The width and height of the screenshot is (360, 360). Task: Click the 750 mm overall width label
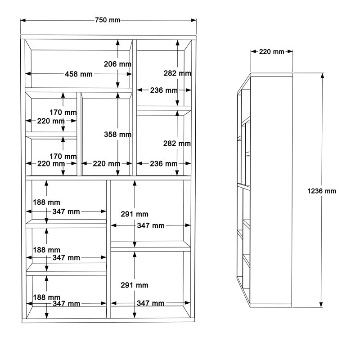pos(108,20)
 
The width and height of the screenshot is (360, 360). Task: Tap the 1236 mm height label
pos(322,191)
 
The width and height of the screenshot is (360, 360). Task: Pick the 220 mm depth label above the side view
pos(272,52)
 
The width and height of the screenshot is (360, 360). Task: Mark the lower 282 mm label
pos(177,144)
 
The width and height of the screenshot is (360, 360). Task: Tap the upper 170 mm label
pos(63,112)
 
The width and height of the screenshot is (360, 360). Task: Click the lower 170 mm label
pos(63,156)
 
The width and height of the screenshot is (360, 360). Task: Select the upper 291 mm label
pos(135,214)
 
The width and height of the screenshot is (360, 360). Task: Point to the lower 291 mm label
pos(135,285)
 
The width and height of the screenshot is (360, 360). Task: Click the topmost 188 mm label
pos(46,202)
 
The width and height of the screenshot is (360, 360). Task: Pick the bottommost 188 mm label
pos(46,297)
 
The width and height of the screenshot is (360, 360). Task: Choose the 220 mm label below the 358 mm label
pos(106,164)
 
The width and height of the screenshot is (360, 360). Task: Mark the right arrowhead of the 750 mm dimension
pos(195,20)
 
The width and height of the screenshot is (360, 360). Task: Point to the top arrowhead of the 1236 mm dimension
pos(322,75)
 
